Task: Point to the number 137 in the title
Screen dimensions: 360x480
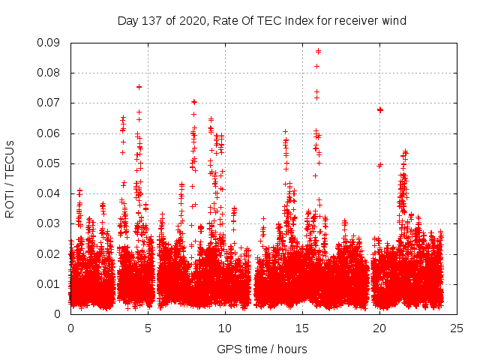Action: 152,21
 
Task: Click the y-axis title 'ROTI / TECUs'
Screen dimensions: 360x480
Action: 10,178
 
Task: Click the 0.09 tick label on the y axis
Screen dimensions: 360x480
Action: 51,43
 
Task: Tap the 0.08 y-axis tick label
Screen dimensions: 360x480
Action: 51,73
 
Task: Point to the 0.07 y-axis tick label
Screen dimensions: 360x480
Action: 51,103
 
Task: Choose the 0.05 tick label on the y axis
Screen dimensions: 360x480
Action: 51,163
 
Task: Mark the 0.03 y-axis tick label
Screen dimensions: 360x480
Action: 51,223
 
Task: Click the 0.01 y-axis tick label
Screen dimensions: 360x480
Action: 51,283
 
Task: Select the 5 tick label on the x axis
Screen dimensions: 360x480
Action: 148,328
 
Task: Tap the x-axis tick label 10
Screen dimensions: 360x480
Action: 225,328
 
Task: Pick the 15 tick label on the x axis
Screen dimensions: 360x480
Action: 302,328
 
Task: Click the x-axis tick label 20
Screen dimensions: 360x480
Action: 379,328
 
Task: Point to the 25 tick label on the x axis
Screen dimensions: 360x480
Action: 457,328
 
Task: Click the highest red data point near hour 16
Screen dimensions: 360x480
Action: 319,51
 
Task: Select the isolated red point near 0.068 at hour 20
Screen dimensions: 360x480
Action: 380,109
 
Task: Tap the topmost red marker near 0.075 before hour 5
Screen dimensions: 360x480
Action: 139,87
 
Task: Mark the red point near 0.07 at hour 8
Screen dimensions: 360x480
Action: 194,101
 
